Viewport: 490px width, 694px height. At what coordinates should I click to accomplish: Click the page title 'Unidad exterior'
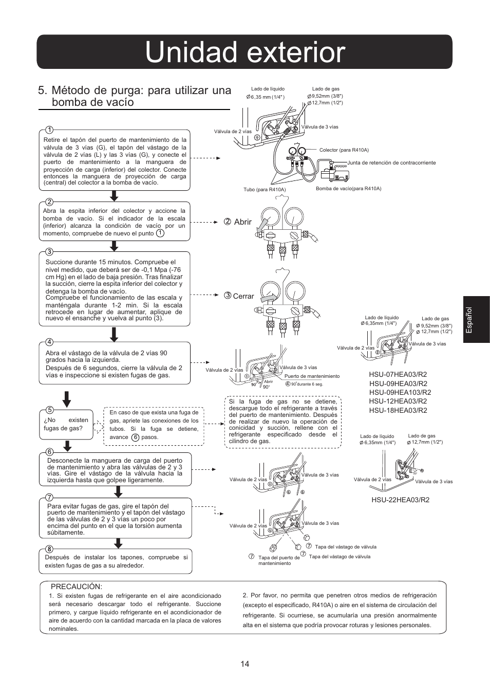(244, 52)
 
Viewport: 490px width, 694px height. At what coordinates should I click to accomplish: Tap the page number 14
(244, 664)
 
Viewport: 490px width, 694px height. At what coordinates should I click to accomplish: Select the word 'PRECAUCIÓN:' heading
(76, 587)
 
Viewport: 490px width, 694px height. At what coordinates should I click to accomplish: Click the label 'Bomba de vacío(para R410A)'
(348, 189)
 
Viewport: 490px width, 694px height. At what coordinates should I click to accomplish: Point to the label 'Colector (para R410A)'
(344, 150)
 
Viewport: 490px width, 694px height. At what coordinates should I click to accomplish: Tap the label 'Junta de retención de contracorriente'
(391, 162)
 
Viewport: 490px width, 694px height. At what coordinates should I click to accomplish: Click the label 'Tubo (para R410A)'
(265, 190)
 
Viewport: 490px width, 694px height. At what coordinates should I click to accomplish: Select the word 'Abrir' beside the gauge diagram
(243, 222)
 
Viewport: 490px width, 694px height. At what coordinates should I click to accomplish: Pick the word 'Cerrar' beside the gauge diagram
(243, 296)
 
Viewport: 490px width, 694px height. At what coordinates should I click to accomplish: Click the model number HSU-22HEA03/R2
(400, 499)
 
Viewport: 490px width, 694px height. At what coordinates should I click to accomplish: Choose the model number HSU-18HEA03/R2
(398, 410)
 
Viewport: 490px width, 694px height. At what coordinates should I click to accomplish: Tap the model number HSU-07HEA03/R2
(398, 374)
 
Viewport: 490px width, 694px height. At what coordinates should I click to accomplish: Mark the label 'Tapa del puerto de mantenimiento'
(278, 560)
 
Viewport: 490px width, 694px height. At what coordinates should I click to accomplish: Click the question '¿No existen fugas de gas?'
(66, 424)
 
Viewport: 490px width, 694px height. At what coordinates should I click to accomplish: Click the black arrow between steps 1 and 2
(115, 196)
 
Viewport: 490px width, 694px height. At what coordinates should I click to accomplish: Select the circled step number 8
(49, 549)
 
